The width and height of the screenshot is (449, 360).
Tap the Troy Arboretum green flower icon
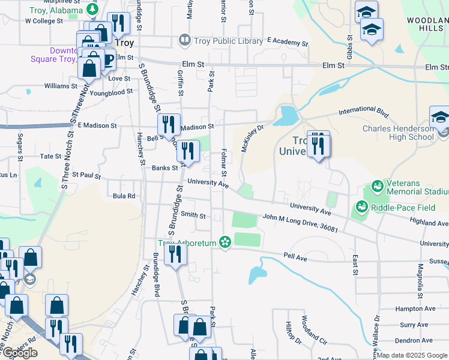pyautogui.click(x=225, y=242)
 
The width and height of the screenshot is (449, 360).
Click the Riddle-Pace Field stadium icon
pyautogui.click(x=361, y=207)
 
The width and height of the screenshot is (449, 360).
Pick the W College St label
pyautogui.click(x=44, y=20)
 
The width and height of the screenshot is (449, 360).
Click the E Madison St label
pyautogui.click(x=97, y=125)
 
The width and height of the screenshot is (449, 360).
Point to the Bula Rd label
pyautogui.click(x=124, y=196)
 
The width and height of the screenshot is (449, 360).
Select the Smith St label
pyautogui.click(x=193, y=215)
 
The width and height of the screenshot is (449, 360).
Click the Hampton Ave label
pyautogui.click(x=415, y=308)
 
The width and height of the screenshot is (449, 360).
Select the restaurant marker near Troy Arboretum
pyautogui.click(x=175, y=254)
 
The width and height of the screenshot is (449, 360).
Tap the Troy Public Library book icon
pyautogui.click(x=184, y=41)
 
